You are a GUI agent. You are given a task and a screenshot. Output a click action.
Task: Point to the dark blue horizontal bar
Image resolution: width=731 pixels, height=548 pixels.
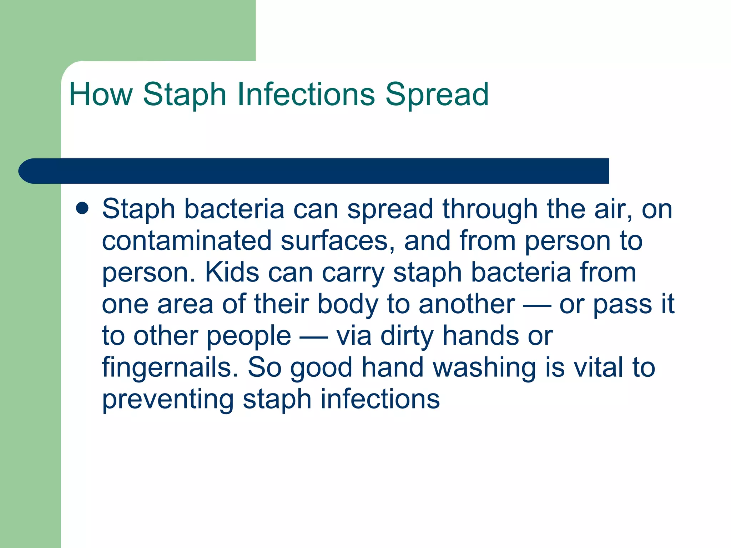(x=314, y=171)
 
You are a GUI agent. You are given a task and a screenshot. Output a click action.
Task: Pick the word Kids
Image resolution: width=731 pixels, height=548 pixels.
(x=232, y=272)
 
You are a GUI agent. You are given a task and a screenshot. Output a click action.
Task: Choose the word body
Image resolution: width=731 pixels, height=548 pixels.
(x=348, y=304)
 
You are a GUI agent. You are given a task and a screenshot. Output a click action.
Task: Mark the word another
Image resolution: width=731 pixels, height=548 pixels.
(x=467, y=304)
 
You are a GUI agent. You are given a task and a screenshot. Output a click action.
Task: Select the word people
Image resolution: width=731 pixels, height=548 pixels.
(x=249, y=336)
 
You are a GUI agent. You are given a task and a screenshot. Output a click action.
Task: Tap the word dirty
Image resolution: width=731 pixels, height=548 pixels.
(x=407, y=336)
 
